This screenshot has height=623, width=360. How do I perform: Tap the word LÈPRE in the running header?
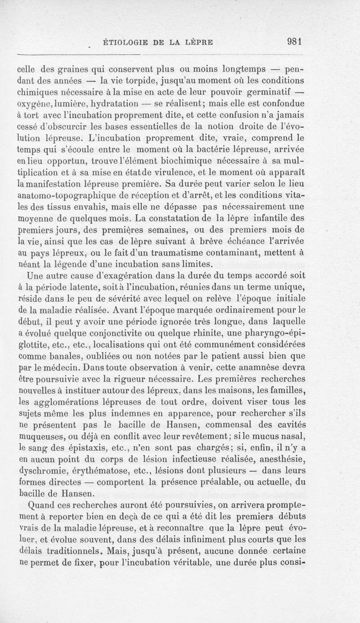(198, 44)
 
